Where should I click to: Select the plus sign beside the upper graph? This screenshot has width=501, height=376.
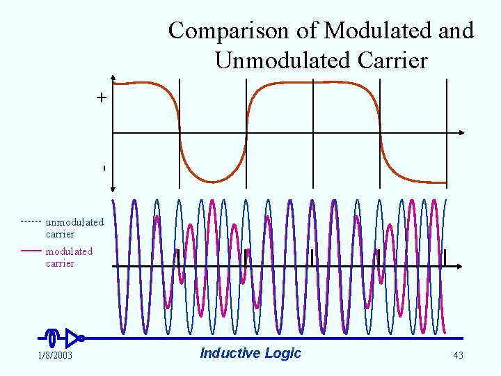(102, 98)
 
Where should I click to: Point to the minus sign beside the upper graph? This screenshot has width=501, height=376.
(103, 168)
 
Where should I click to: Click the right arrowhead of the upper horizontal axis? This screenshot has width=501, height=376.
(462, 132)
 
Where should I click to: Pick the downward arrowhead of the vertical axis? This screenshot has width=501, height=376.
(113, 186)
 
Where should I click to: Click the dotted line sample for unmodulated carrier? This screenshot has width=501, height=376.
(31, 221)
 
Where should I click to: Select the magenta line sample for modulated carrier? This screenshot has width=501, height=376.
(31, 250)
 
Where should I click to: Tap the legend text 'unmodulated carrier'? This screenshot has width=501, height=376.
(74, 228)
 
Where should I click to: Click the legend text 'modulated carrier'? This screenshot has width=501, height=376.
(69, 257)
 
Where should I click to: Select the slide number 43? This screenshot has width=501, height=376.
(458, 356)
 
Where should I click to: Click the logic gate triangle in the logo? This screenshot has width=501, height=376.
(72, 338)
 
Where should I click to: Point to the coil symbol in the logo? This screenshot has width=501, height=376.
(52, 338)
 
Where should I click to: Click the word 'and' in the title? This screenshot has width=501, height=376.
(456, 31)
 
